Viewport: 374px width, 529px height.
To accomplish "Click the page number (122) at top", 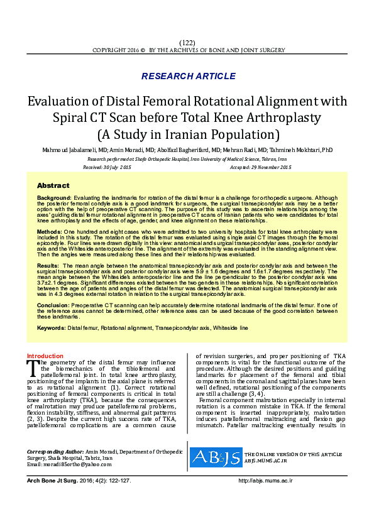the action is [x=187, y=41].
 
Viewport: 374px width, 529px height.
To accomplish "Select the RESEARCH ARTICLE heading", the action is [x=188, y=76].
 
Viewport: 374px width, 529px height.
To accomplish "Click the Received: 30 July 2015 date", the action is [x=107, y=168].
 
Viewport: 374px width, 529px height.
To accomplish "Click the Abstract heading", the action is [x=53, y=186].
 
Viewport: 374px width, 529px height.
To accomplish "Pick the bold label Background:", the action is [x=54, y=198].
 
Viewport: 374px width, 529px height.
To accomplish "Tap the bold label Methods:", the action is [x=50, y=232].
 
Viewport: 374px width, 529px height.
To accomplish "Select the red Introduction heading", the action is [x=45, y=356].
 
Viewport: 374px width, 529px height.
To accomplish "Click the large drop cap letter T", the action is [x=32, y=366].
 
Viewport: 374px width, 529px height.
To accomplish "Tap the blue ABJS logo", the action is [x=216, y=457].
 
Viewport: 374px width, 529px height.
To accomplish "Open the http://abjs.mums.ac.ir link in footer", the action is [x=266, y=480].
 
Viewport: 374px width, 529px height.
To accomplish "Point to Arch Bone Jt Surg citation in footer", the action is [x=53, y=480].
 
